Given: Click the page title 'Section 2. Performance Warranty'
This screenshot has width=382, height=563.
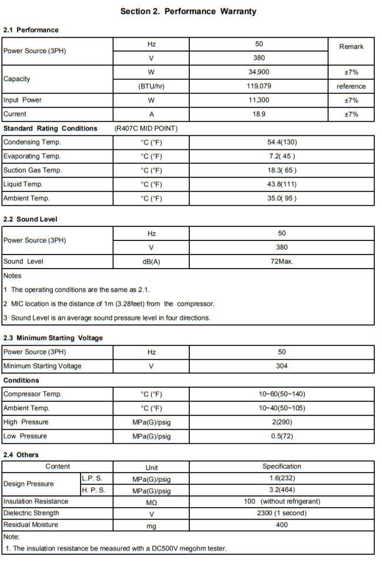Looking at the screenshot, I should pyautogui.click(x=188, y=11).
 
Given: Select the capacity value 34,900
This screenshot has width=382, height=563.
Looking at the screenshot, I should pyautogui.click(x=259, y=72).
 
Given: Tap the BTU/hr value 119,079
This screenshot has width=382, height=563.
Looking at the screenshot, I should pyautogui.click(x=259, y=86).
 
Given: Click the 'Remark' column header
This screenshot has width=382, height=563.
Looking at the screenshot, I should pyautogui.click(x=351, y=46).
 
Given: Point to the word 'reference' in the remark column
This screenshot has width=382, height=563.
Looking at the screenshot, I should pyautogui.click(x=351, y=86).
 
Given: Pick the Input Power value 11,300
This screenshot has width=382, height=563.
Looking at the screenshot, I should pyautogui.click(x=259, y=100).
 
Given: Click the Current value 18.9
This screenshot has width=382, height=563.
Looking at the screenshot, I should pyautogui.click(x=259, y=114).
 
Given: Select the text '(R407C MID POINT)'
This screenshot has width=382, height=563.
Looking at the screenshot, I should pyautogui.click(x=146, y=128).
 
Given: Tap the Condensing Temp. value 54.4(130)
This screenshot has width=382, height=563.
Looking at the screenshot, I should pyautogui.click(x=282, y=142).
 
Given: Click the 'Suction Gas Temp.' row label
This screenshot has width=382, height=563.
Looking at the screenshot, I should pyautogui.click(x=32, y=170).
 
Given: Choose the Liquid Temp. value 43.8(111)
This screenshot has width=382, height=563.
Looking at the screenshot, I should pyautogui.click(x=282, y=185).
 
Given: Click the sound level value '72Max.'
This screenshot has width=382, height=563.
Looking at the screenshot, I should pyautogui.click(x=282, y=262).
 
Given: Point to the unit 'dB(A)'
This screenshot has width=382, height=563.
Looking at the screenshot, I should pyautogui.click(x=151, y=262).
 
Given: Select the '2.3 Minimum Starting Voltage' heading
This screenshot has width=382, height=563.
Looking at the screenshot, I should pyautogui.click(x=53, y=338).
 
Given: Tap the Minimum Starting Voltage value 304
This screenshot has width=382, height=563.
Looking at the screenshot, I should pyautogui.click(x=282, y=366).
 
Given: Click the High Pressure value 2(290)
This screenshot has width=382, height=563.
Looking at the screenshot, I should pyautogui.click(x=282, y=422).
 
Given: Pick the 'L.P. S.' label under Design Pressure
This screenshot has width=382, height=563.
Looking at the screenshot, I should pyautogui.click(x=92, y=479).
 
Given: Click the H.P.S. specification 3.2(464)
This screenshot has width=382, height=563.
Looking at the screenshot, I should pyautogui.click(x=282, y=490).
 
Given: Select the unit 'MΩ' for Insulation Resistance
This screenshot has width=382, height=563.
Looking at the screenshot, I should pyautogui.click(x=151, y=502).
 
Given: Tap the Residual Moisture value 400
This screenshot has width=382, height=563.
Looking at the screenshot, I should pyautogui.click(x=282, y=525).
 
